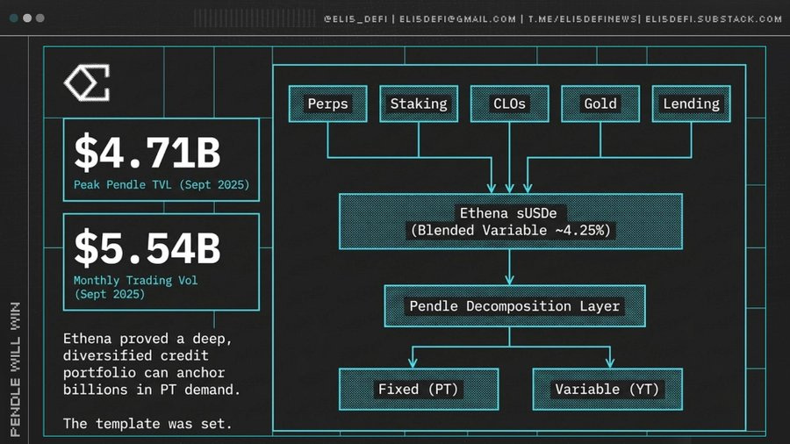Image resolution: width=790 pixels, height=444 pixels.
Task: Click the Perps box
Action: pos(328,104)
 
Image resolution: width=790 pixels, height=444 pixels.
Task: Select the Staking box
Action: pos(419,104)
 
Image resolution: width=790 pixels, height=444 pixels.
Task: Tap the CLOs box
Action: pos(509,104)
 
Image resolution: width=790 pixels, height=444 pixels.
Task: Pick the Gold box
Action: pos(600,104)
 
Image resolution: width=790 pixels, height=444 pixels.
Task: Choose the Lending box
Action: pos(692,104)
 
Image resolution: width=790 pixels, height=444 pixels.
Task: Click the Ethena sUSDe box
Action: pos(511,221)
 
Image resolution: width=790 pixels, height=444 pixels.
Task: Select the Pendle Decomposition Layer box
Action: pos(514,306)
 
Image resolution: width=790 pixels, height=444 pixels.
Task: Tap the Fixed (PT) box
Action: pos(419,389)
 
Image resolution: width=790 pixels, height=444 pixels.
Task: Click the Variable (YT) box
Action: pos(607,389)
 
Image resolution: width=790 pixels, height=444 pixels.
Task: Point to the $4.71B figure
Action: pos(147,152)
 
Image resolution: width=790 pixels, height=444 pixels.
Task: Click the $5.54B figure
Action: pos(147,247)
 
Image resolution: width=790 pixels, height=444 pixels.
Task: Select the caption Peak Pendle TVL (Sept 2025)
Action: pos(162,185)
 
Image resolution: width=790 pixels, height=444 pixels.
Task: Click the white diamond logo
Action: pos(87,82)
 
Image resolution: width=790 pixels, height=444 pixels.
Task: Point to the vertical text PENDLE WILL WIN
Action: pos(16,369)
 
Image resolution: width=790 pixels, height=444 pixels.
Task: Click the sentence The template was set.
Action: pos(147,424)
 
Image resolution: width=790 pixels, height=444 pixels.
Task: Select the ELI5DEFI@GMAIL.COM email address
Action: pos(457,19)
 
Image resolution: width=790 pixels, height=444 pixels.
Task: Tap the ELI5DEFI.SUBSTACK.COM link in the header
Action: pos(714,19)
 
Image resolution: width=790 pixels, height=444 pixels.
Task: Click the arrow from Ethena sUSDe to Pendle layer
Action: pos(509,268)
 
